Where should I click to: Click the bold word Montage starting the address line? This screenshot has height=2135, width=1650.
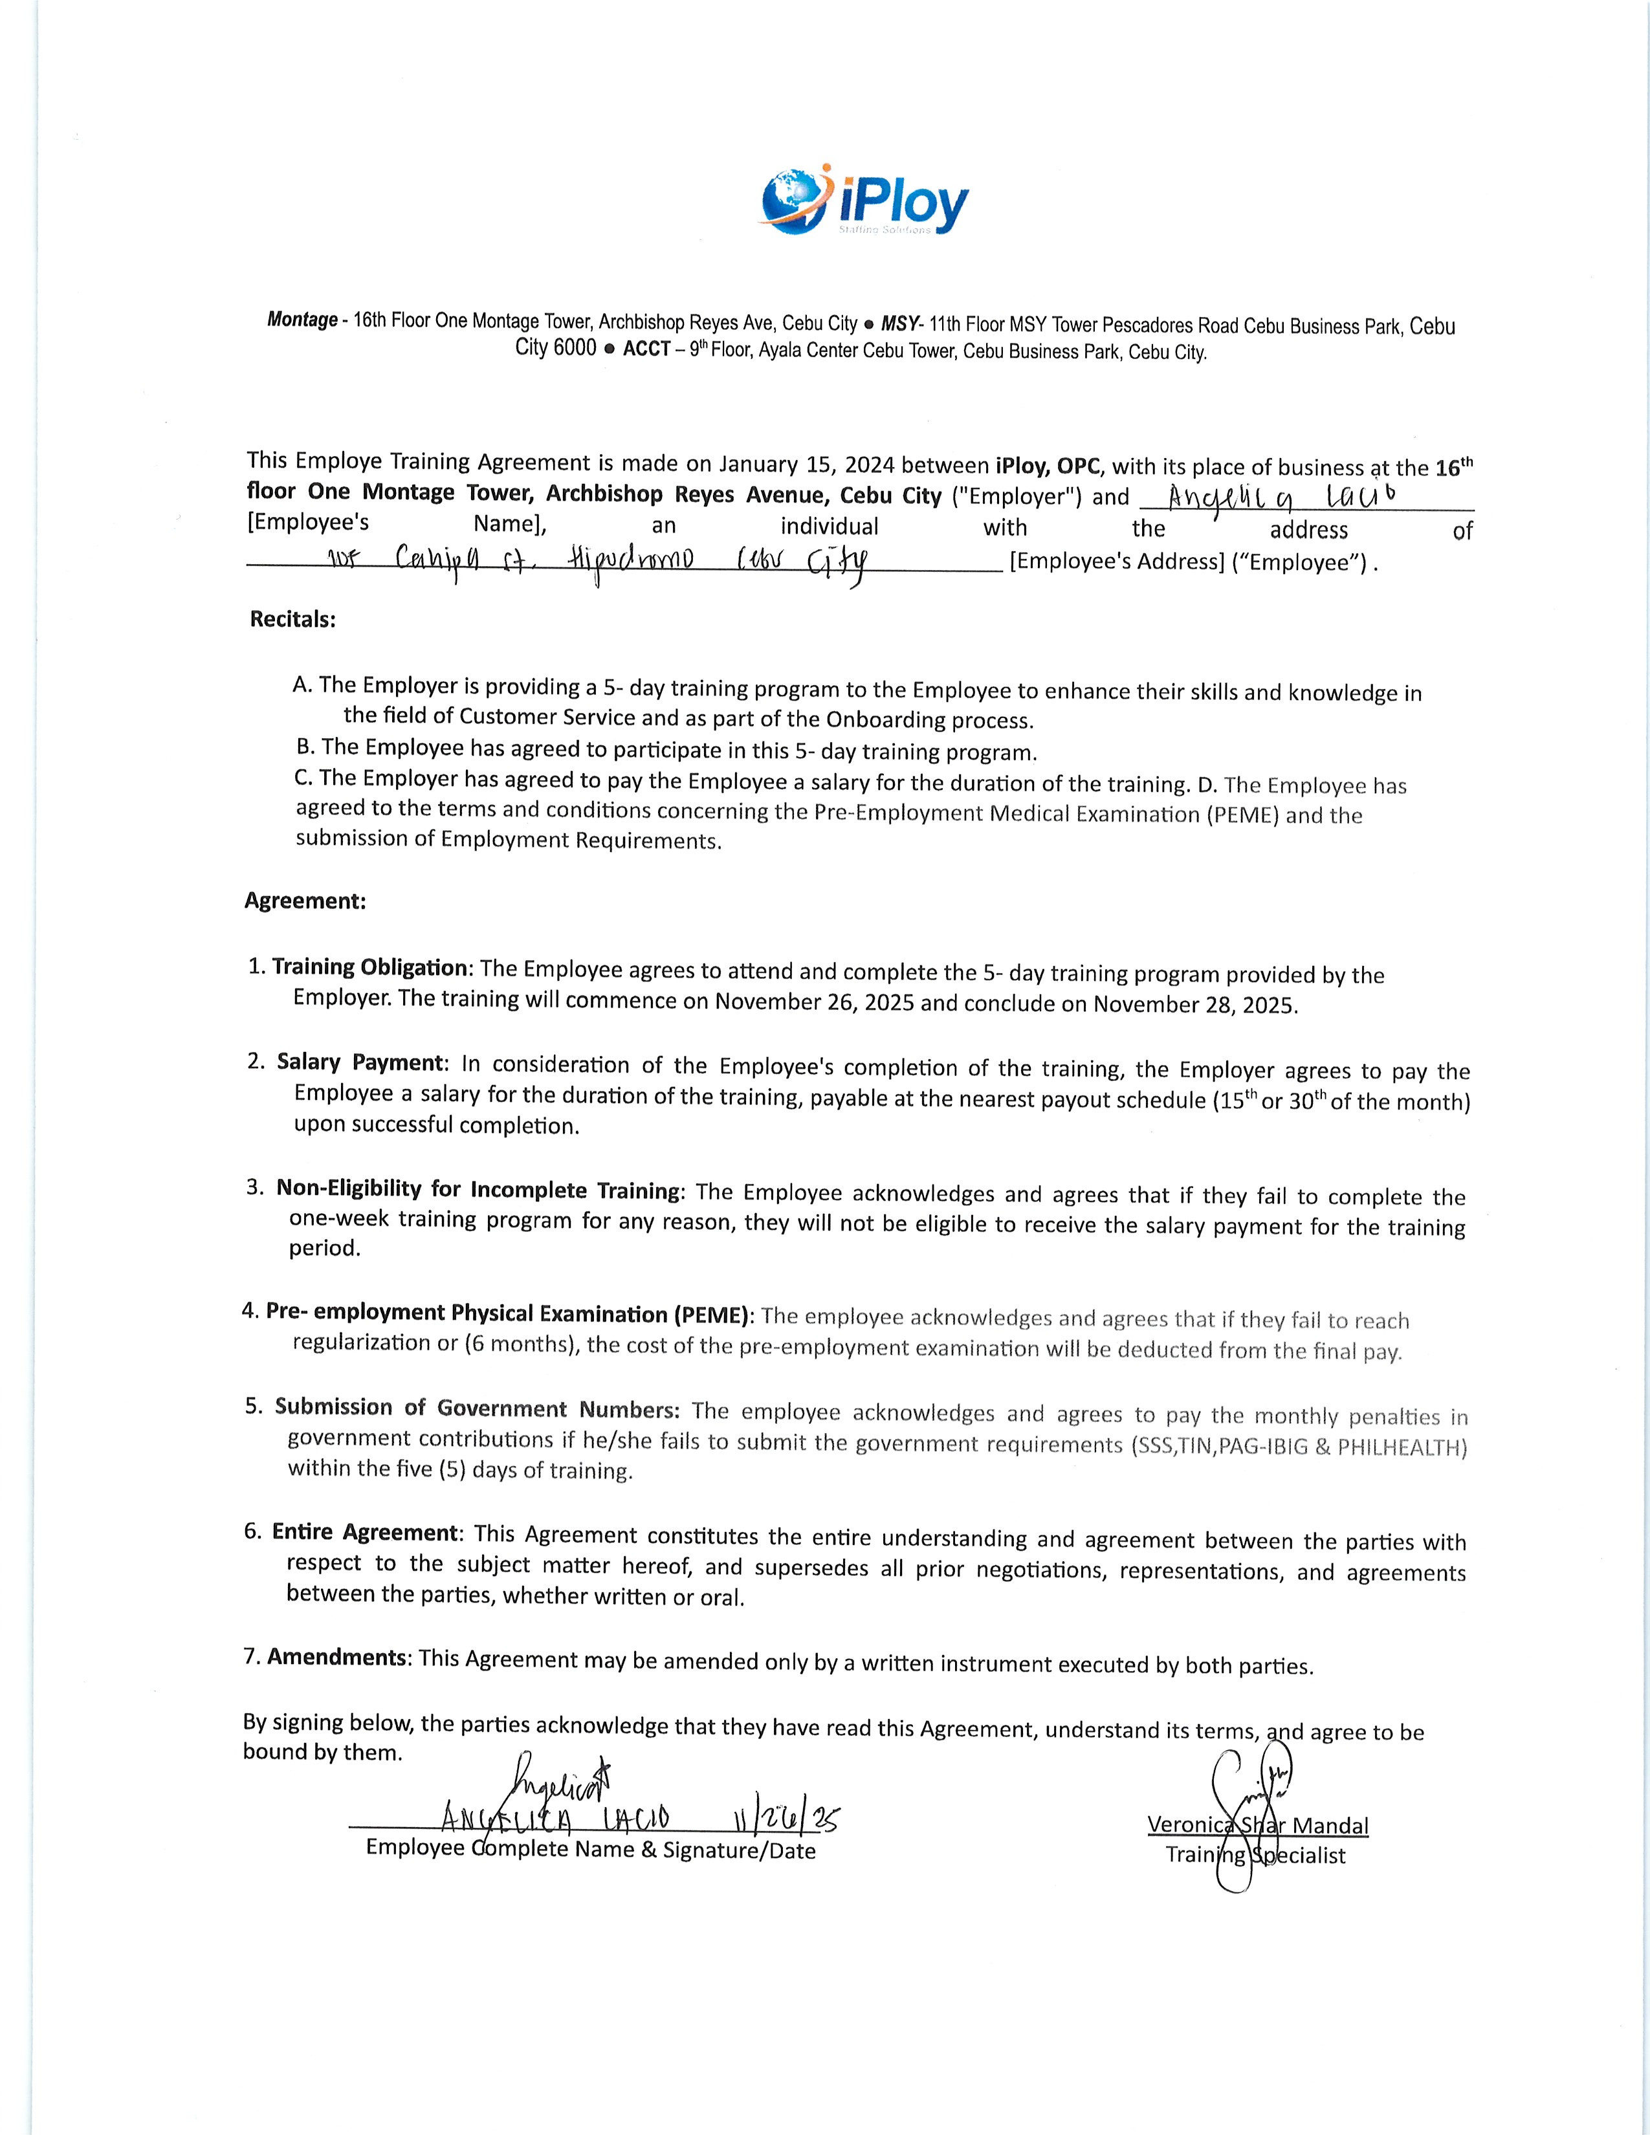click(302, 320)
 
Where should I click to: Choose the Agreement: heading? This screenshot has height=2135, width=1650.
click(305, 901)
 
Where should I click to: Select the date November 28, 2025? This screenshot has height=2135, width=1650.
click(1194, 1004)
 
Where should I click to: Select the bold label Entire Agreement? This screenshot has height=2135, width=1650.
click(364, 1532)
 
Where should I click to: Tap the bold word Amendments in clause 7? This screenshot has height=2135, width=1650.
click(337, 1657)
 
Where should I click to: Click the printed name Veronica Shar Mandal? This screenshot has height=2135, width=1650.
click(1258, 1825)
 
